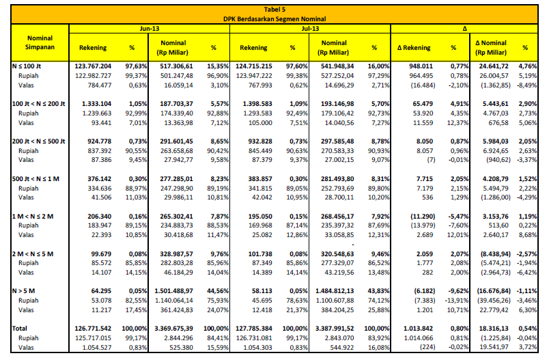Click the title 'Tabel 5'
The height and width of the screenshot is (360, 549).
pos(274,10)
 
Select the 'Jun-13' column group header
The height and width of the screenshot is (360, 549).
pos(150,29)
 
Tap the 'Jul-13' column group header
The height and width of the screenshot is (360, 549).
pos(310,29)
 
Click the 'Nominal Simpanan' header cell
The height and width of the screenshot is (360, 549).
pos(40,42)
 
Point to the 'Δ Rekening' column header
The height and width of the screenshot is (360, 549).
pos(414,48)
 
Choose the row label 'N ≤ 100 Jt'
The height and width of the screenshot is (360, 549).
pos(27,66)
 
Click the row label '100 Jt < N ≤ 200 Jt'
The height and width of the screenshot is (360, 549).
pos(38,104)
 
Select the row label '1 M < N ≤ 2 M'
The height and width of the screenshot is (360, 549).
pos(33,217)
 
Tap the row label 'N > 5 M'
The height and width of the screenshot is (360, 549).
pos(23,291)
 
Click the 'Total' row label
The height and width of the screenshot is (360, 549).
pos(20,329)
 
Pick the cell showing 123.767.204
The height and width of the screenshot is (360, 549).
pos(93,66)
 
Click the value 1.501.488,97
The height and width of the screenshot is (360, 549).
pos(173,291)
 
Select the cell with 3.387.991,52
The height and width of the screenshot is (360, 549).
pos(335,329)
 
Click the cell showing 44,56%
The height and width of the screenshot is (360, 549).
pos(219,291)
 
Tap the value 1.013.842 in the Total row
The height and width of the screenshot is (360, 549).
pos(418,329)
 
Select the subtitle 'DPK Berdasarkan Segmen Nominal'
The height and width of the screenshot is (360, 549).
pos(274,19)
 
